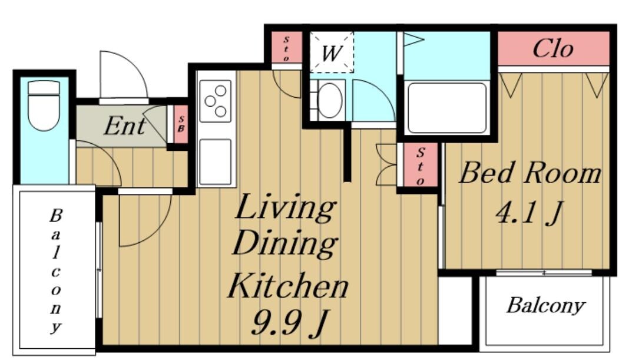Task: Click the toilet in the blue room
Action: tap(44, 105)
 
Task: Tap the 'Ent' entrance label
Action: tap(125, 126)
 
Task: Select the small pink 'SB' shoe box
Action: tap(181, 124)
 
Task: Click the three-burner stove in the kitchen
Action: tap(216, 101)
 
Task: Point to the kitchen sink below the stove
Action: tap(215, 162)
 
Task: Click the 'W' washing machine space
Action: tap(331, 52)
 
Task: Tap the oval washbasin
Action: tap(330, 100)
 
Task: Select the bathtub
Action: tap(447, 108)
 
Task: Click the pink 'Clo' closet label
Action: tap(552, 48)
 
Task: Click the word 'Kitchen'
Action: tap(288, 286)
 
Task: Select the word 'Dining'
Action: tap(285, 243)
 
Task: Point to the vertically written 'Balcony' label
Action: tap(56, 271)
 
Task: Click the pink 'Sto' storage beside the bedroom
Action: tap(421, 165)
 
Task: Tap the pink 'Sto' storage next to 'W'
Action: tap(287, 48)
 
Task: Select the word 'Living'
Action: tap(285, 206)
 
